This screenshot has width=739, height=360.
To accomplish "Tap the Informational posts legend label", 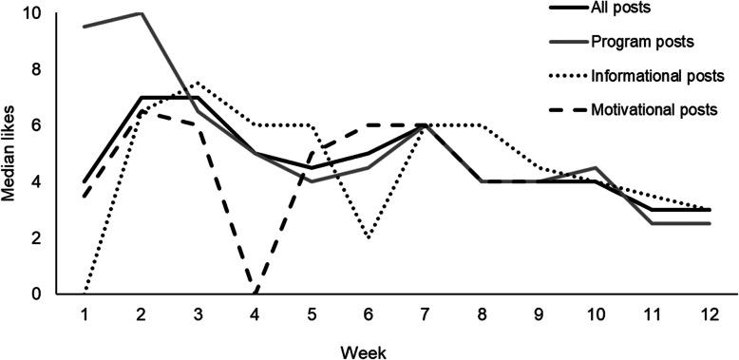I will [x=649, y=74].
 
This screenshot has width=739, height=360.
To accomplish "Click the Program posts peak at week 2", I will [x=142, y=13].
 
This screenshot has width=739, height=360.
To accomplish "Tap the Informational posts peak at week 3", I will [x=198, y=83].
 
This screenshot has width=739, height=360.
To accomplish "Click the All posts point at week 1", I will [x=85, y=181].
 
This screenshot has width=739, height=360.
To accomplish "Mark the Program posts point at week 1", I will [x=85, y=27].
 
